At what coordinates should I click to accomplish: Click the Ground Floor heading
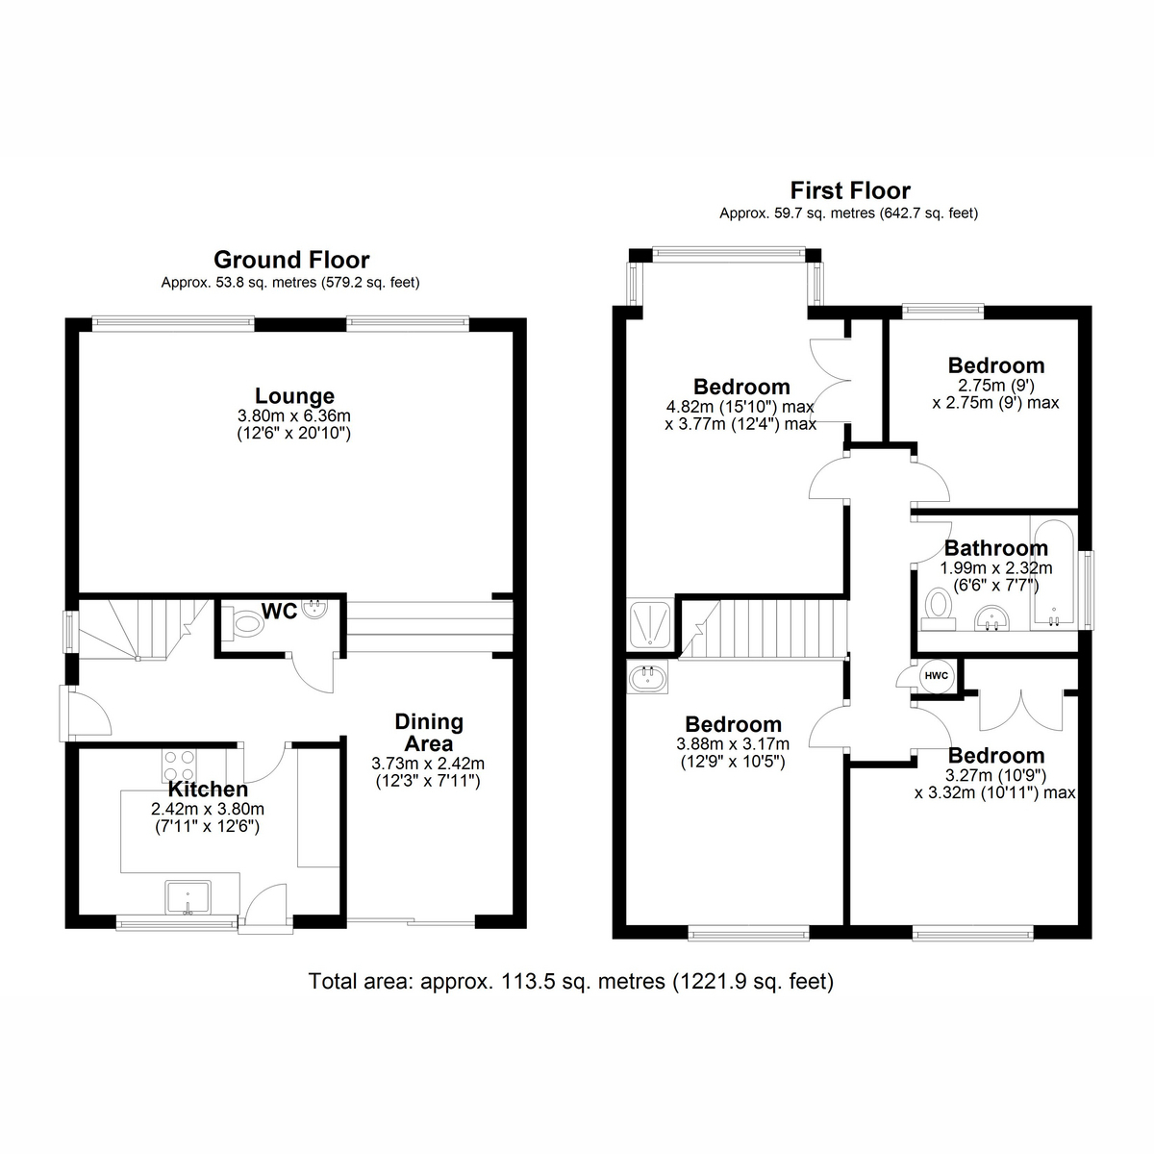coord(291,260)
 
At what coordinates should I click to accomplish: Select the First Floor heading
coord(850,190)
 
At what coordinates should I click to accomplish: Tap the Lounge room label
coord(294,395)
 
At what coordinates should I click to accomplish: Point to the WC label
coord(280,611)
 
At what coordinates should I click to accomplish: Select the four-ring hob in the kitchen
coord(179,765)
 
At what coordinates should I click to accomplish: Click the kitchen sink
coord(188,897)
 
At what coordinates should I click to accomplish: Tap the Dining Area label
coord(429,733)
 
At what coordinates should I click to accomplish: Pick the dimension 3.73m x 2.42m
coord(428,764)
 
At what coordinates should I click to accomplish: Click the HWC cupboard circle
coord(937,675)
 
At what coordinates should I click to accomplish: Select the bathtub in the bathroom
coord(1053,574)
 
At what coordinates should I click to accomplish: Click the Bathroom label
coord(996,548)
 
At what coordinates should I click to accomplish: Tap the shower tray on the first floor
coord(650,625)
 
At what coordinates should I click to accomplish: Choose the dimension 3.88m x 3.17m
coord(733,744)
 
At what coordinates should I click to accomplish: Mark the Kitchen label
coord(208,789)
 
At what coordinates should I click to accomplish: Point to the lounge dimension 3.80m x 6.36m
coord(294,415)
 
